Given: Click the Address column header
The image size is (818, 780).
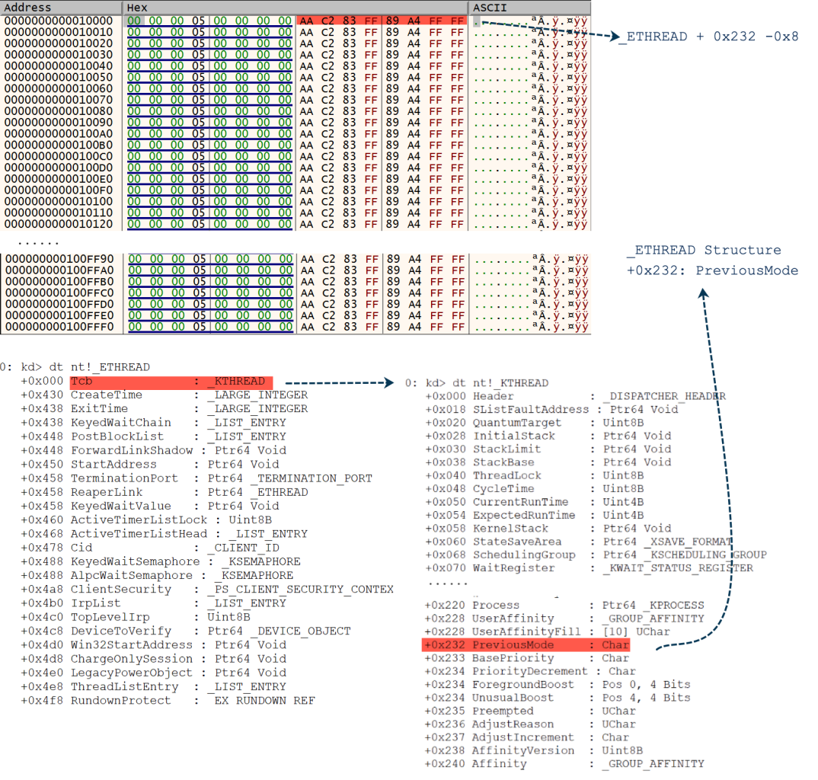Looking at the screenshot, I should [x=28, y=7].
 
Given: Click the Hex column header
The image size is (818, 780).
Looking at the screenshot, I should [x=138, y=7].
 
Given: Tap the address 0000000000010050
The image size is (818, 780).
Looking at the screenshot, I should [x=59, y=77].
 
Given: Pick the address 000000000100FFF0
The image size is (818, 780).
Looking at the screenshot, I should [x=59, y=327].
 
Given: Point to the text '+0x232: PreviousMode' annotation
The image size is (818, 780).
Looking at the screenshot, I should [x=712, y=270].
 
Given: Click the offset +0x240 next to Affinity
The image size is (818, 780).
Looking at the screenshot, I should [x=443, y=763].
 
